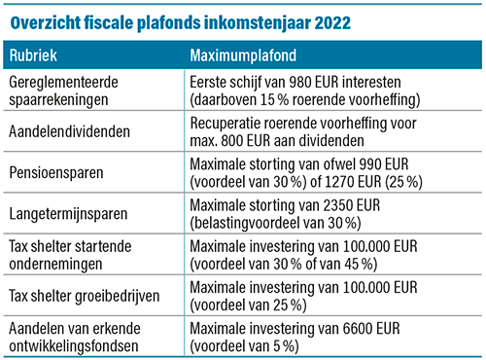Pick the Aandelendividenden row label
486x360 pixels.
point(68,128)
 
